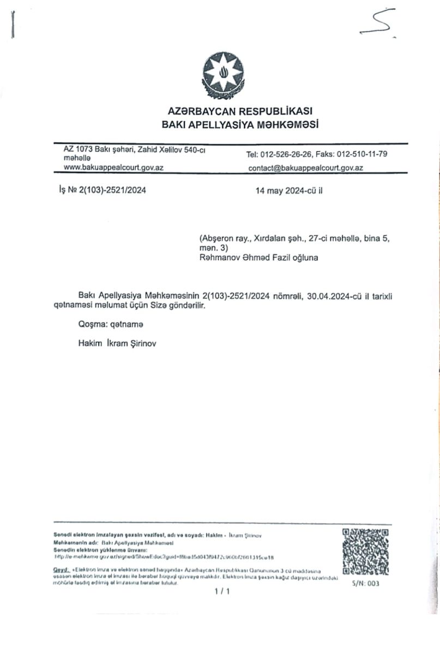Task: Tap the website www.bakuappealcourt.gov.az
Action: click(114, 167)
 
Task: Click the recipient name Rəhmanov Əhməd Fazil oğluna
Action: click(259, 258)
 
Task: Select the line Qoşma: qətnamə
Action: click(111, 325)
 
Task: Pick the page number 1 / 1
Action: click(222, 592)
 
